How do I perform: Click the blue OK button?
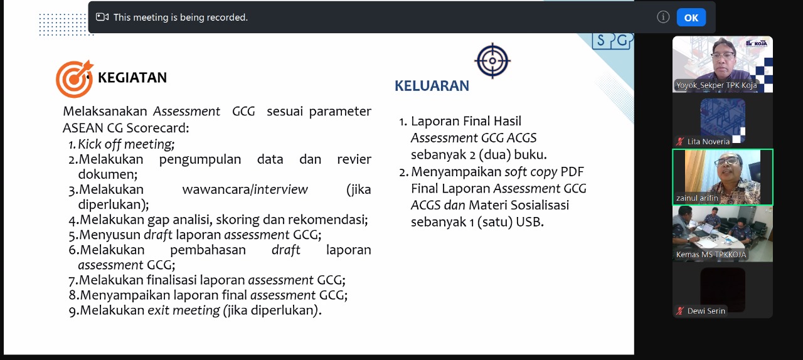click(x=691, y=18)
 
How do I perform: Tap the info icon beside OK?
click(x=663, y=17)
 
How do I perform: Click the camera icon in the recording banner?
click(x=102, y=17)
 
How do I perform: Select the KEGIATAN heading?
click(x=132, y=77)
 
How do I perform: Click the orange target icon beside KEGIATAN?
click(x=75, y=79)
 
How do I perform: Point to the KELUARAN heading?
click(x=432, y=86)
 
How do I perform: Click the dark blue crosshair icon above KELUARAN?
click(x=492, y=61)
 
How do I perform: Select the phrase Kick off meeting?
click(x=126, y=144)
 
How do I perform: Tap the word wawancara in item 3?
click(x=216, y=189)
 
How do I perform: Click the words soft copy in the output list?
click(x=531, y=172)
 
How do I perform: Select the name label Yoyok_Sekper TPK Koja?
click(x=716, y=85)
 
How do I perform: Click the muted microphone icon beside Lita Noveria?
click(x=680, y=142)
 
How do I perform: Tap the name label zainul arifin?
click(x=697, y=198)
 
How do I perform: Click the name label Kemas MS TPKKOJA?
click(x=711, y=255)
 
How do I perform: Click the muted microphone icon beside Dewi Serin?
click(x=680, y=311)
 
